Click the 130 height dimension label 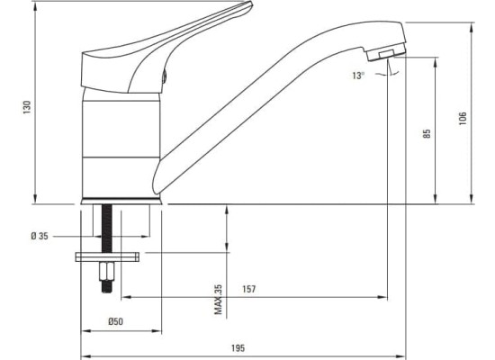pyautogui.click(x=28, y=107)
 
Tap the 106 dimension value pyautogui.click(x=463, y=119)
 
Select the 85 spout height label pyautogui.click(x=427, y=133)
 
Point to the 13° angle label pyautogui.click(x=358, y=76)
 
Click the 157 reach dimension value pyautogui.click(x=248, y=289)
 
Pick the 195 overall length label pyautogui.click(x=238, y=348)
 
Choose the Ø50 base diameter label pyautogui.click(x=115, y=321)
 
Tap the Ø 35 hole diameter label pyautogui.click(x=40, y=236)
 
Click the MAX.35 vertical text pyautogui.click(x=218, y=300)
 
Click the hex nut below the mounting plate pyautogui.click(x=107, y=271)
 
